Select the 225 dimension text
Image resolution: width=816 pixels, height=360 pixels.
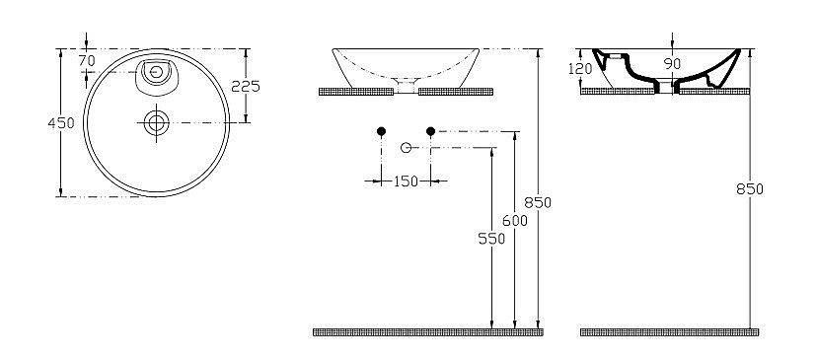pos(245,86)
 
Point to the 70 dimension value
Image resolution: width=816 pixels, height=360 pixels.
pos(87,61)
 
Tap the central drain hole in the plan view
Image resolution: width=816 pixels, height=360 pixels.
pos(156,122)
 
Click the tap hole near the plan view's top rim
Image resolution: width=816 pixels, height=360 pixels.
pos(156,71)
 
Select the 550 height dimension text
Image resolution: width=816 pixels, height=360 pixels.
pos(491,238)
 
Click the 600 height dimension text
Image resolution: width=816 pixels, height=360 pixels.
pos(515,221)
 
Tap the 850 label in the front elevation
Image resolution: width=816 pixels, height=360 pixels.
pos(538,202)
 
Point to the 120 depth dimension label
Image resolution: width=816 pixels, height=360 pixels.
pos(580,68)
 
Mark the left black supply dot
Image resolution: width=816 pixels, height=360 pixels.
pos(381,131)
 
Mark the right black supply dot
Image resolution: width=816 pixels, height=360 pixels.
pos(430,131)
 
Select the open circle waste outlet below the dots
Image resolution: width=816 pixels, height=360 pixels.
pos(405,147)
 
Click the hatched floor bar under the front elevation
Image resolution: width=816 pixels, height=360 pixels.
pos(426,332)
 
